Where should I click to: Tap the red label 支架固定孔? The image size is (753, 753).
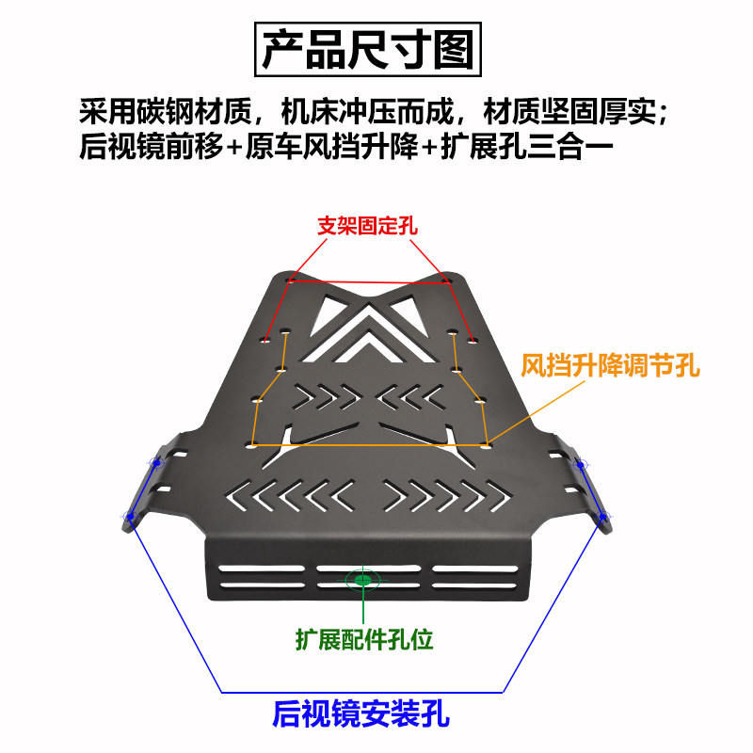point(367,226)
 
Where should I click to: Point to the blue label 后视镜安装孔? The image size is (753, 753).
point(360,714)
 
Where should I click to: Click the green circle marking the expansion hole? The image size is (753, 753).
point(362,579)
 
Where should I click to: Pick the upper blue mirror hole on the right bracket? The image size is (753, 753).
point(580,464)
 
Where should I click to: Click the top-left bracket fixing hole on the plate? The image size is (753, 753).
point(291,280)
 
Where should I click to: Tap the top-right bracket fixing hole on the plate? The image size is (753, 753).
point(443,280)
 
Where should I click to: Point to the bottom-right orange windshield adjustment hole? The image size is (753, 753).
point(486,442)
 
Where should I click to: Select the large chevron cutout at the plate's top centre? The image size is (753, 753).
point(367,325)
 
